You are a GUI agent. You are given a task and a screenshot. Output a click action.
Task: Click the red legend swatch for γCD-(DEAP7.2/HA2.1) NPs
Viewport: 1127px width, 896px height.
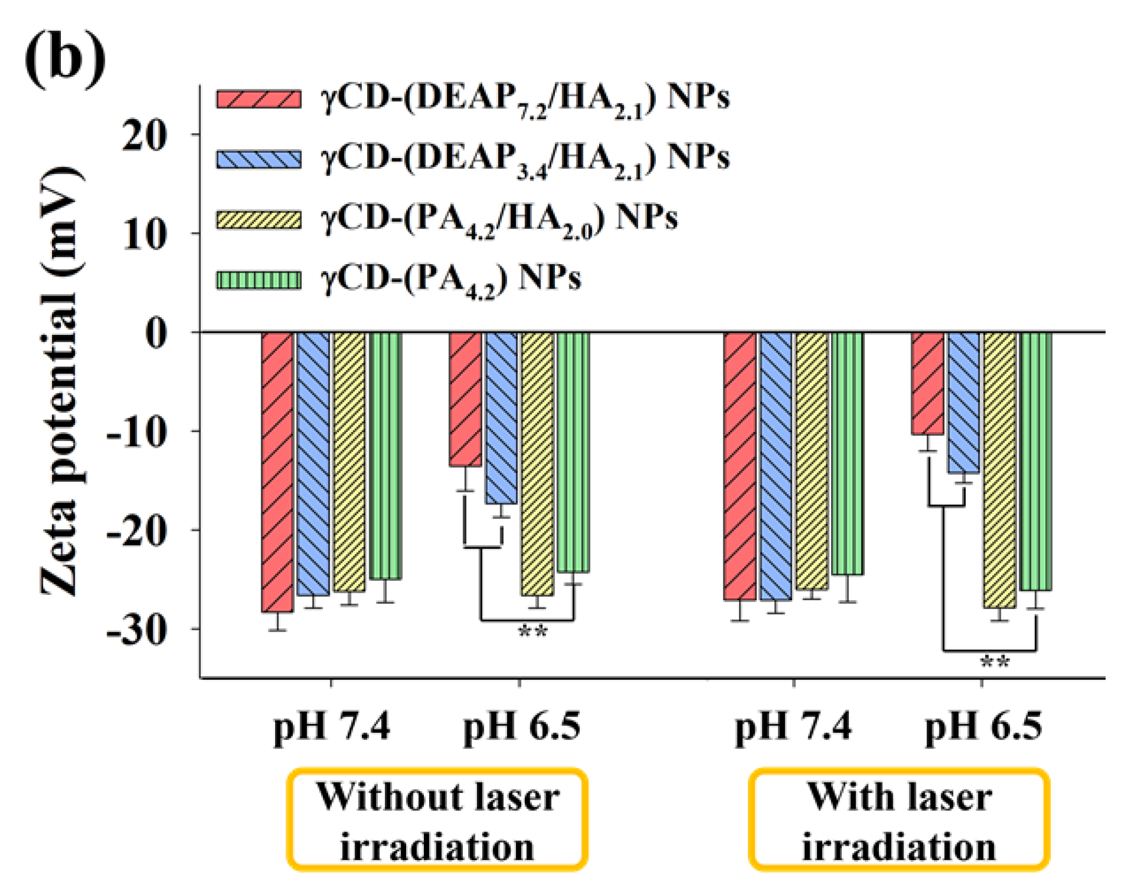point(259,99)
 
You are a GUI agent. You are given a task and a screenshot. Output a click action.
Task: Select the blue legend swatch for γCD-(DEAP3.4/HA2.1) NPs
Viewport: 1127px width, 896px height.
point(259,160)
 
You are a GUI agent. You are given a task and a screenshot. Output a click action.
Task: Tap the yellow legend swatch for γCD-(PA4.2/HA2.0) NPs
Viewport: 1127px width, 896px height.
point(259,220)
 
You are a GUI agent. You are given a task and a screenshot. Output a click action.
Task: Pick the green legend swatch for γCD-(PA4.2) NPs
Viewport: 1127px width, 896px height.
point(259,280)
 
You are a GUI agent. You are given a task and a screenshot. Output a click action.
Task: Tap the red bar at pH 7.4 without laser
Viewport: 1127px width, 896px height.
point(278,471)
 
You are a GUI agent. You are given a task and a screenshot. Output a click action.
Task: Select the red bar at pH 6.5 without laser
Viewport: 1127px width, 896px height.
point(465,399)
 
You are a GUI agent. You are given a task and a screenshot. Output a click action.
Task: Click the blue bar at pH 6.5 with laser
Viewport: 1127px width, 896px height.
point(963,402)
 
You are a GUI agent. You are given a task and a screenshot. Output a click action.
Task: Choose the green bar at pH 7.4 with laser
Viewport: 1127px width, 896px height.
point(847,453)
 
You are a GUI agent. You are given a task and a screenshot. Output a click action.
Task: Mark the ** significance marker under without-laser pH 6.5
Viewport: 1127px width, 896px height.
point(533,631)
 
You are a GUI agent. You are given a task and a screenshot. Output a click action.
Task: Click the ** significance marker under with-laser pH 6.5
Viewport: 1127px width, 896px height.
point(995,663)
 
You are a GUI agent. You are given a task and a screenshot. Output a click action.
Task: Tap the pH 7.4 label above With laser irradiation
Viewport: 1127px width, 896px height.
point(793,726)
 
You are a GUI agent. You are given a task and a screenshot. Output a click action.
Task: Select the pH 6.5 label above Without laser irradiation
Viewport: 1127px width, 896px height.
point(522,726)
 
